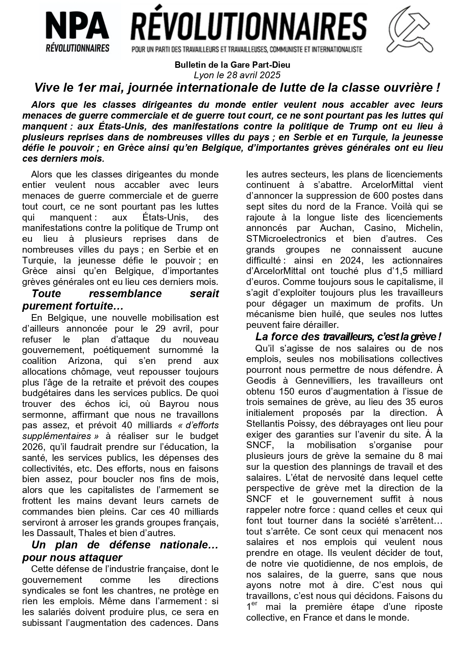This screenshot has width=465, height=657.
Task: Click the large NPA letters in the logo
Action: pos(78,27)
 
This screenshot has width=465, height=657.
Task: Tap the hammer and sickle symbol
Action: pos(410,31)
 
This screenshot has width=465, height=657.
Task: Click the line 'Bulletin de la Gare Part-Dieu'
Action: pos(232,65)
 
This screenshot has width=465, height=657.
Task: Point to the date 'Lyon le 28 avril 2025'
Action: pos(237,75)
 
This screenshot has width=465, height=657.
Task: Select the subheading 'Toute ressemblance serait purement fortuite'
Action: pos(120,299)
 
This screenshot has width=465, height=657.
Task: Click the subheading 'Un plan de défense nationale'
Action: pos(120,551)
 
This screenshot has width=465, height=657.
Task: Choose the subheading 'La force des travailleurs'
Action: pos(348,337)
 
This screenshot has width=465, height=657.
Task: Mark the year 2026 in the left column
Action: pos(33,447)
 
